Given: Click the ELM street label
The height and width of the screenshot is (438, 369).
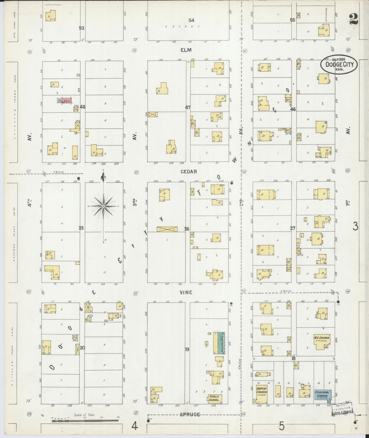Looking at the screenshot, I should [186, 50].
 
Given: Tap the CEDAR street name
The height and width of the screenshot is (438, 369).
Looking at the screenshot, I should [189, 172].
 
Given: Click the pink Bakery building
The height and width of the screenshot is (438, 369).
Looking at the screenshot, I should [67, 101].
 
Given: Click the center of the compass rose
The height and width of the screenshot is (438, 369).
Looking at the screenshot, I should [103, 206].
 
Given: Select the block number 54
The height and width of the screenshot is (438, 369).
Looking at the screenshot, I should [191, 20].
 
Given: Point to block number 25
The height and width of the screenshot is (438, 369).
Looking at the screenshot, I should [81, 228].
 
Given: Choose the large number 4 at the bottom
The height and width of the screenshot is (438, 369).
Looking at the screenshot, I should [135, 426].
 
